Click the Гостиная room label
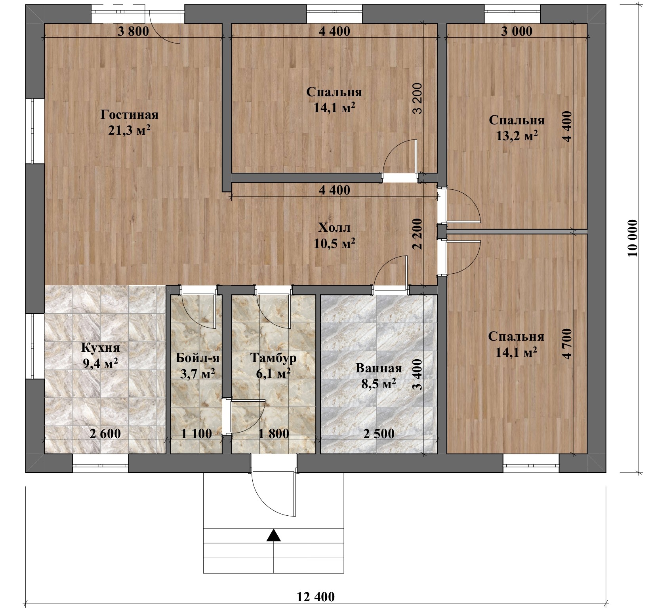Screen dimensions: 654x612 pos(129,115)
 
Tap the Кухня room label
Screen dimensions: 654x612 pos(101,348)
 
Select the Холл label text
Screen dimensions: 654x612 pos(334,228)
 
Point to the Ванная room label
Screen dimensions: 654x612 pos(379,368)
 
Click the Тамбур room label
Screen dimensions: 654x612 pos(273,358)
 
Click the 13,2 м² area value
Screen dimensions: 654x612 pos(517,136)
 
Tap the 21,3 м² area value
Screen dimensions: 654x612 pos(129,130)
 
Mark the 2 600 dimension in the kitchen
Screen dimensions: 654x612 pos(105,434)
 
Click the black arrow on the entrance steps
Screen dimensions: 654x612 pos(273,536)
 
